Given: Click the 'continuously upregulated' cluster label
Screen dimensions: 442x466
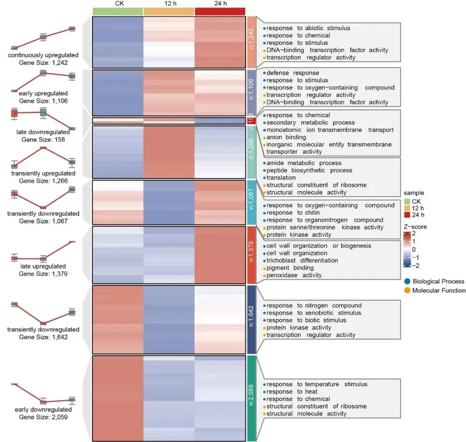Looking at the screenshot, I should [x=43, y=55].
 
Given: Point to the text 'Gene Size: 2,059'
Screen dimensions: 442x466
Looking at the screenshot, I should [x=43, y=417].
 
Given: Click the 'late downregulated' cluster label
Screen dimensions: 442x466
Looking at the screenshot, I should [x=43, y=132].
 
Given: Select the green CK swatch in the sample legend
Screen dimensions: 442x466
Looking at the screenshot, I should [x=407, y=201].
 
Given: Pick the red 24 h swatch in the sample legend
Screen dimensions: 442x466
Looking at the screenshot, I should [x=407, y=215].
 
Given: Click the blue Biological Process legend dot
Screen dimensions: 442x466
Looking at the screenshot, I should [x=407, y=281].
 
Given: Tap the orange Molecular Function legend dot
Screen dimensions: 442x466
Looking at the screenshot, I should [x=407, y=291].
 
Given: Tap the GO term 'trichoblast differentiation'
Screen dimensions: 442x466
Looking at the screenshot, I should [x=302, y=261].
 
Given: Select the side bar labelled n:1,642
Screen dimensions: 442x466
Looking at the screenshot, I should [x=252, y=318].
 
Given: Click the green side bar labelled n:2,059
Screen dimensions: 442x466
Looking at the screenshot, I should [x=252, y=398].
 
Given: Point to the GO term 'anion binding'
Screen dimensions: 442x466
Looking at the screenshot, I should [x=286, y=137].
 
